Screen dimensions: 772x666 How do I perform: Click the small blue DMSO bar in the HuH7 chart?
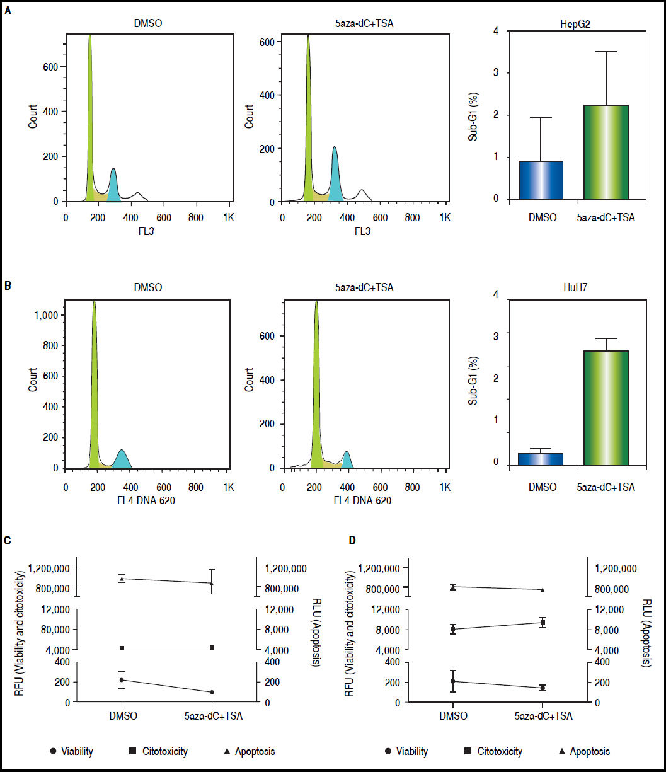coord(540,459)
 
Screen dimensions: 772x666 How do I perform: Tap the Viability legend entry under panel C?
coord(72,751)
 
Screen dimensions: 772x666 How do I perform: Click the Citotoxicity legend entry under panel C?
coord(158,751)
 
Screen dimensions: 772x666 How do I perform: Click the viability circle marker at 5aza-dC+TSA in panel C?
coord(212,692)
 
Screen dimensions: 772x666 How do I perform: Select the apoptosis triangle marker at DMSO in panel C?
coord(122,579)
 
